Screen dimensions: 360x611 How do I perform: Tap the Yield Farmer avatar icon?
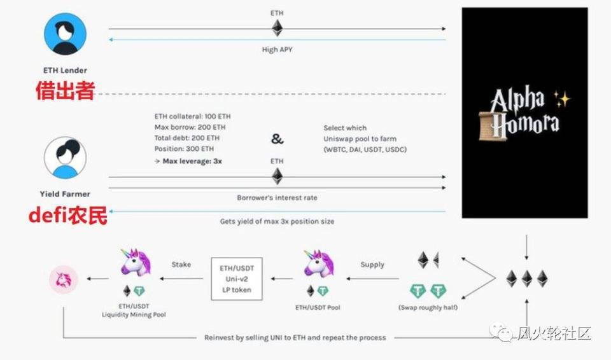pos(66,158)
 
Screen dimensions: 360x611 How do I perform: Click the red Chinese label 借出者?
pos(65,91)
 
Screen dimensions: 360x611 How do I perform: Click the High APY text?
pos(277,50)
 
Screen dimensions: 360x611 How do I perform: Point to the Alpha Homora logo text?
pos(524,112)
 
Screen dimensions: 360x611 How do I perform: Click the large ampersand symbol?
pos(277,139)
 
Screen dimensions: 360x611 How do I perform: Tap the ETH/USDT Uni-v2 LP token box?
pos(237,279)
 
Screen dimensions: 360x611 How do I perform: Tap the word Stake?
pos(181,264)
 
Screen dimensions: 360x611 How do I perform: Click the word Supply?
pos(372,264)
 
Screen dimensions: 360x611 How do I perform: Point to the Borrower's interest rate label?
pos(277,198)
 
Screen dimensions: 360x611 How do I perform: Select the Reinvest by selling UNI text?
pos(295,337)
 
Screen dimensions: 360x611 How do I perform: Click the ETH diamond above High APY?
pos(277,28)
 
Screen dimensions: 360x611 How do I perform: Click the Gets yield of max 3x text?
pos(277,221)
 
